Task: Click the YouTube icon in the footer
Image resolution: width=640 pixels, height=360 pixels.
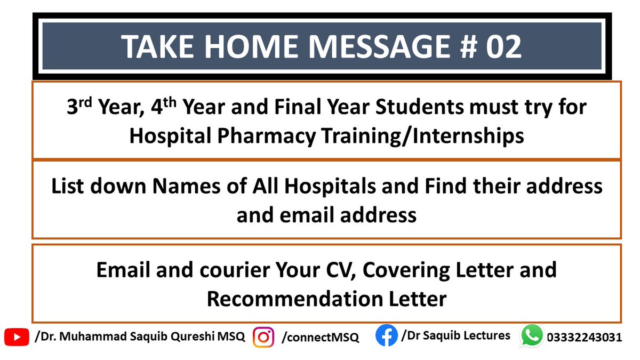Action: click(17, 337)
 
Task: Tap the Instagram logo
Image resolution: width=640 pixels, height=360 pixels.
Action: click(263, 337)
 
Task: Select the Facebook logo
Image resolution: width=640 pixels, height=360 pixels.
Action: click(386, 336)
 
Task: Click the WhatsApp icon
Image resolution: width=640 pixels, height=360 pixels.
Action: click(532, 337)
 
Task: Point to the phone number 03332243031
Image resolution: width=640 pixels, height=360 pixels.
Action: click(584, 338)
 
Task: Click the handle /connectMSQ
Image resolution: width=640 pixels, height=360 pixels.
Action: click(320, 338)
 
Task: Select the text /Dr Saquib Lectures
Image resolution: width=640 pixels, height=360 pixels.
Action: click(455, 335)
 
